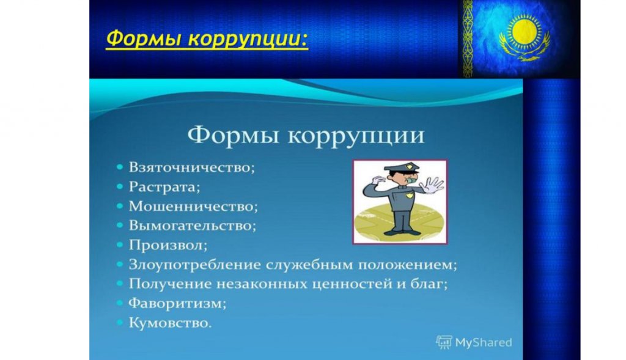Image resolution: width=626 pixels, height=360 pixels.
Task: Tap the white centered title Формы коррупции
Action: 306,135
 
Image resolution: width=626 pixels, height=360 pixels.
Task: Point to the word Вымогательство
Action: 191,226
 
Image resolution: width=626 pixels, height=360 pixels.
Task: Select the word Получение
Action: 171,284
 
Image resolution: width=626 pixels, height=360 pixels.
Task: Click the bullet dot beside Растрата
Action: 120,187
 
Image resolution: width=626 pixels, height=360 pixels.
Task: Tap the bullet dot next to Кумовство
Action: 120,323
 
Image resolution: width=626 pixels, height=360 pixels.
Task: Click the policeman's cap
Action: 402,167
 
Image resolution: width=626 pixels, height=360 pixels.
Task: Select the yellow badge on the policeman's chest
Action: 409,196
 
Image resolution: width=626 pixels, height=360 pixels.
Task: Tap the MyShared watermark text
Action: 484,342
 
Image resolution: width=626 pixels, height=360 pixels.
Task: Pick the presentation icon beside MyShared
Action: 444,342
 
